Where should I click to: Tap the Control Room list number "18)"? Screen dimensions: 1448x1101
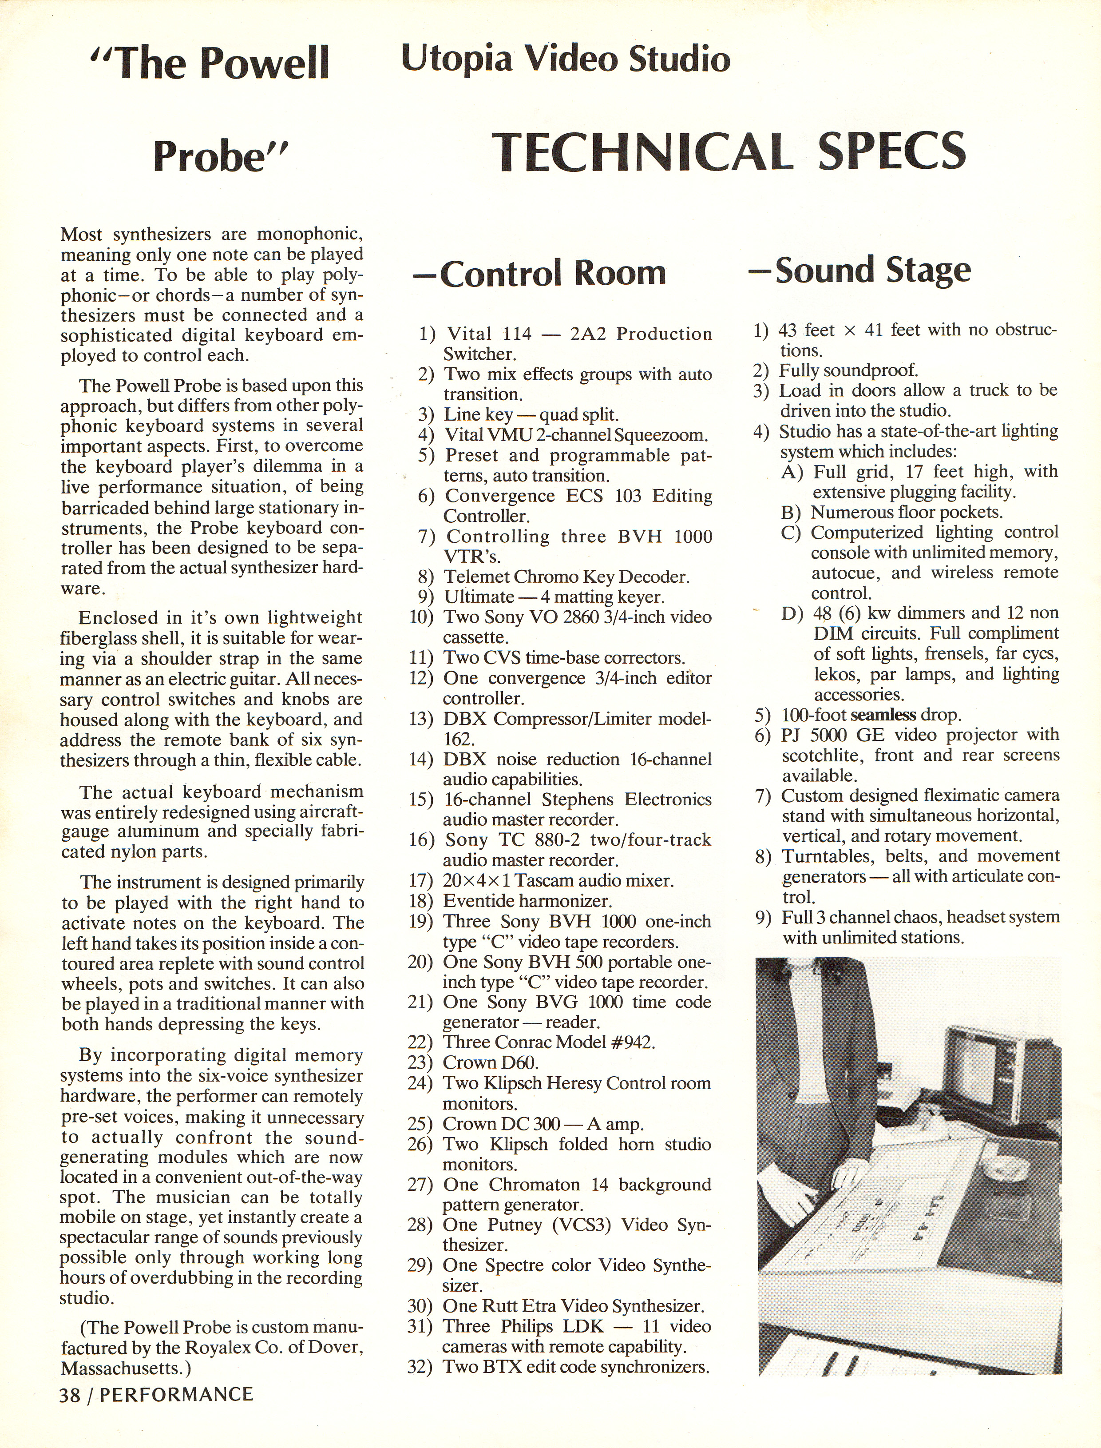coord(421,901)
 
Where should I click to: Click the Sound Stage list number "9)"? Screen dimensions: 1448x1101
coord(764,918)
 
